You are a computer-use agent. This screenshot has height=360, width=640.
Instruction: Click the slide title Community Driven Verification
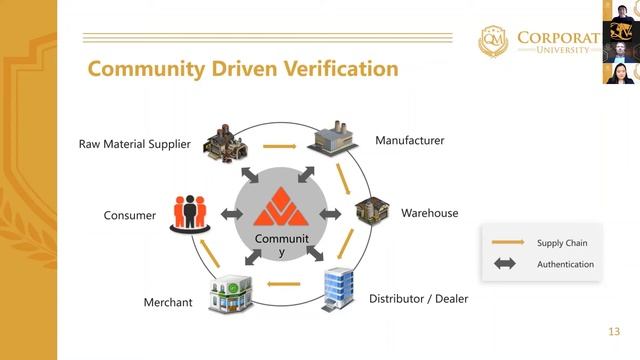click(x=243, y=69)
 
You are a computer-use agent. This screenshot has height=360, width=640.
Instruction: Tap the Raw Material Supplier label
click(x=135, y=144)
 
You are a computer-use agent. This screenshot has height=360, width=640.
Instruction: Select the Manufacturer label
click(x=409, y=141)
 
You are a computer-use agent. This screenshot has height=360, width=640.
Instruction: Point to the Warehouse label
click(x=429, y=213)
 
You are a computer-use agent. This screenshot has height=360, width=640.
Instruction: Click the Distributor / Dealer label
click(x=418, y=298)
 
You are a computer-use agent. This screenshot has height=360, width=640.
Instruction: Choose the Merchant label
click(x=168, y=302)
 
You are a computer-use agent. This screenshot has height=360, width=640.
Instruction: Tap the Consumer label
click(x=130, y=215)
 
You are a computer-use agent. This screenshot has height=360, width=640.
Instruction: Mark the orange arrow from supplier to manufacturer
click(x=279, y=147)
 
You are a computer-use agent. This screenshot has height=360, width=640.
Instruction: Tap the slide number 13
click(x=614, y=332)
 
